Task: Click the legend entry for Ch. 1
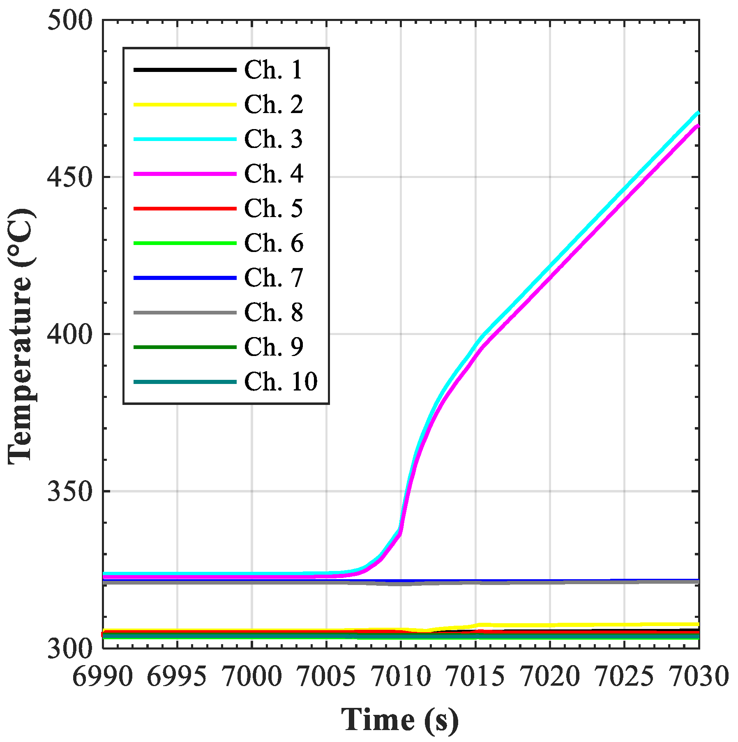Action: point(273,70)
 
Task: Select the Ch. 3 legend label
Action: point(273,139)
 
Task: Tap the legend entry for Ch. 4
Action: point(273,174)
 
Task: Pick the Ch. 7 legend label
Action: point(273,278)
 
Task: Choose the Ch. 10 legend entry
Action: point(281,382)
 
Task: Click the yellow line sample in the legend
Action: point(185,104)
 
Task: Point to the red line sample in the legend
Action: point(185,208)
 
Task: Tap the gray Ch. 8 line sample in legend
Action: point(185,312)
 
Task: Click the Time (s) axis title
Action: point(400,720)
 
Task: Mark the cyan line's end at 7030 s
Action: point(698,113)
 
